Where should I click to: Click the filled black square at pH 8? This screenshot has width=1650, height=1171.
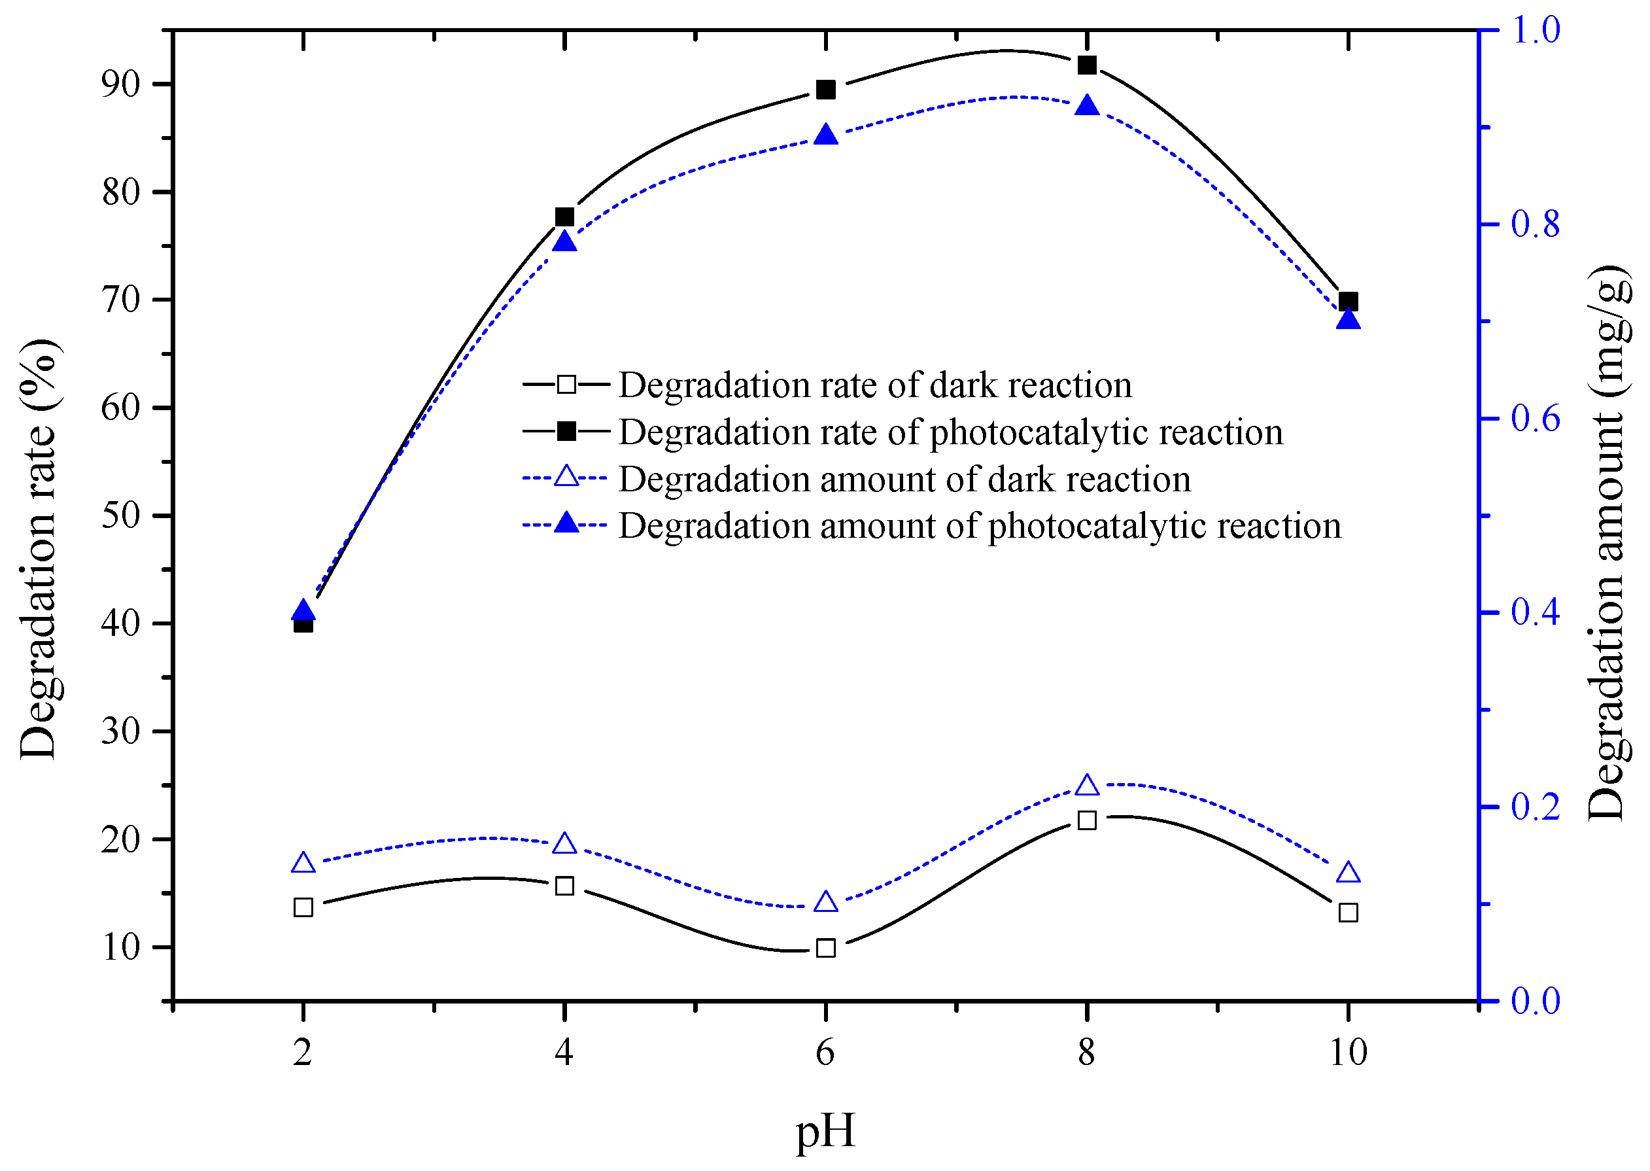coord(1086,65)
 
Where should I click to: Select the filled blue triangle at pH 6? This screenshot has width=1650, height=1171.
coord(825,135)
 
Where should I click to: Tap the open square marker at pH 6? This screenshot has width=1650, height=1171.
coord(825,947)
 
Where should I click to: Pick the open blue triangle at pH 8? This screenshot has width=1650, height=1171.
coord(1086,785)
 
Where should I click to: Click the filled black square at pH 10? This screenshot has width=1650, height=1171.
coord(1347,302)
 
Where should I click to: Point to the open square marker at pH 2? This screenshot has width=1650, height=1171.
coord(303,907)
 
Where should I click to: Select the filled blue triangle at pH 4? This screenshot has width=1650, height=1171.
coord(564,241)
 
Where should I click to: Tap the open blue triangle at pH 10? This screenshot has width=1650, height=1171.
coord(1347,873)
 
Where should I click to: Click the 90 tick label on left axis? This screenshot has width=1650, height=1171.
coord(120,84)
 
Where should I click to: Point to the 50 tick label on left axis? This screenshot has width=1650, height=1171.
coord(120,516)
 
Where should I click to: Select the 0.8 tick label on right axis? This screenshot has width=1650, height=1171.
coord(1535,224)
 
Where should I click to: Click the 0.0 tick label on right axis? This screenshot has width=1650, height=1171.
coord(1535,1001)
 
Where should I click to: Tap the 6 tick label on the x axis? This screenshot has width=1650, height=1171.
coord(825,1052)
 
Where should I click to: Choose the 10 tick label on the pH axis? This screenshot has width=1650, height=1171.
coord(1347,1052)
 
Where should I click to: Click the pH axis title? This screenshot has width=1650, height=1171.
coord(825,1130)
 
